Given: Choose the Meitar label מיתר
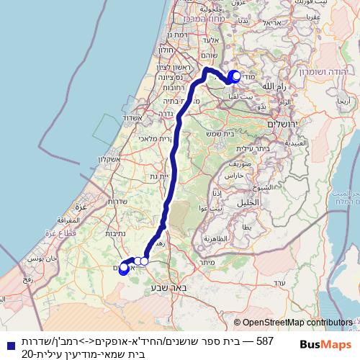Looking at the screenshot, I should pyautogui.click(x=207, y=263).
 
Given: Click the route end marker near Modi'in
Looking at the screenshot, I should pyautogui.click(x=234, y=76).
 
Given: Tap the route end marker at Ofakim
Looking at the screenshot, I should pyautogui.click(x=122, y=269).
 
